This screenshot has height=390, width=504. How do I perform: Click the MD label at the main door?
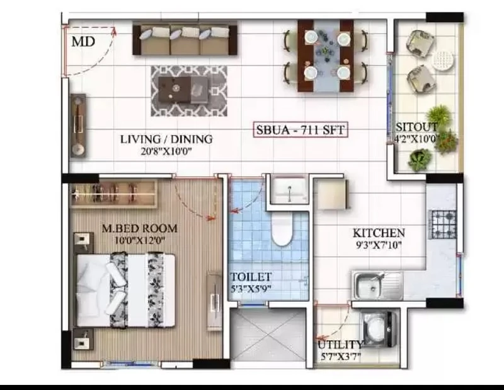(83, 42)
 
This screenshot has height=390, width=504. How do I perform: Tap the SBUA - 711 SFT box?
(301, 130)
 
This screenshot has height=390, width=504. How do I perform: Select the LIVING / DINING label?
(166, 139)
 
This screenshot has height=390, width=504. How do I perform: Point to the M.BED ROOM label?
(139, 228)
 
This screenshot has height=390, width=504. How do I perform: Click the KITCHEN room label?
(379, 233)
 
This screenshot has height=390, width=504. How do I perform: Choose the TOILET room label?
(251, 276)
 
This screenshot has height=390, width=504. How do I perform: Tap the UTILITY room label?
(340, 345)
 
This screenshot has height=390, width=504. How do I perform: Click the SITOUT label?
(416, 127)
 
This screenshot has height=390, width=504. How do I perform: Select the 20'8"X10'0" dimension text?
(166, 151)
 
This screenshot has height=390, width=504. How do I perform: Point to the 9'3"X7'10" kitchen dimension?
(379, 245)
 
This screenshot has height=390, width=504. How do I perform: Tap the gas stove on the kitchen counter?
(444, 224)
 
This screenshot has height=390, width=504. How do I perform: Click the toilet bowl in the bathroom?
(282, 228)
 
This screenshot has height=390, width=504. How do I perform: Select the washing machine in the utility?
(379, 329)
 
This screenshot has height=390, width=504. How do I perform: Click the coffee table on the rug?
(183, 90)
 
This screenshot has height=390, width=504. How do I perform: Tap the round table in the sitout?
(443, 59)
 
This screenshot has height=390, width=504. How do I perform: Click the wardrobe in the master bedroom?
(113, 194)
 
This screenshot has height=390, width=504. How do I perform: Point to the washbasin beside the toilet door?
(289, 191)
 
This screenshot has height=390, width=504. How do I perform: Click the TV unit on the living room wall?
(78, 126)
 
